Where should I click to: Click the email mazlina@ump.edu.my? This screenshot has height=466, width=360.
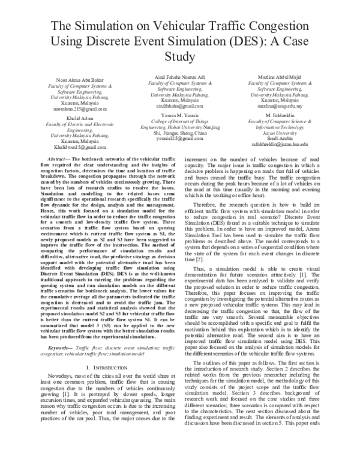(277, 105)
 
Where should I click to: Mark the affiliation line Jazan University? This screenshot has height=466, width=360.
(277, 133)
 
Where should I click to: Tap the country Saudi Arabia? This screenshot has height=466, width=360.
(277, 139)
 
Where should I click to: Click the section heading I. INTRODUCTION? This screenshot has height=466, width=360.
(106, 366)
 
